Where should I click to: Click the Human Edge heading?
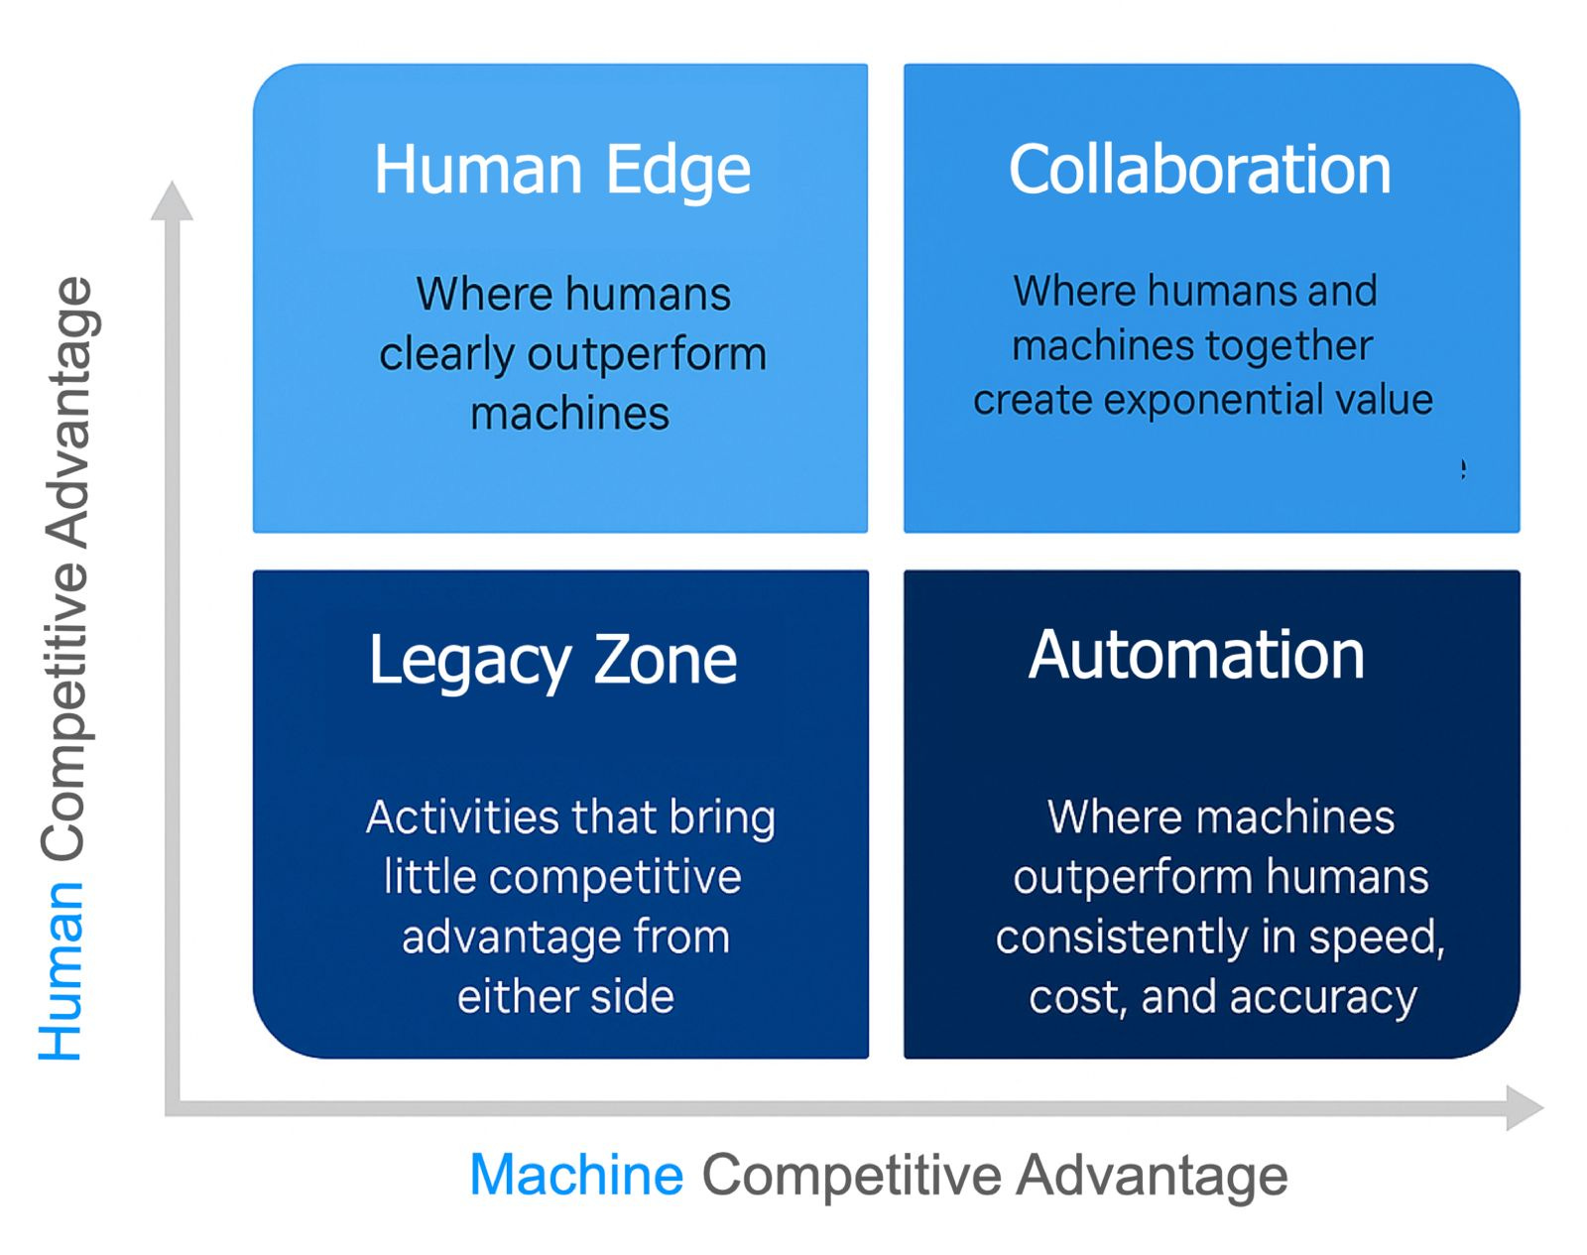pos(561,171)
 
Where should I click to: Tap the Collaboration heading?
pos(1199,170)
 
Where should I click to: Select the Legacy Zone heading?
pos(552,660)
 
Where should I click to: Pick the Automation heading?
pos(1196,656)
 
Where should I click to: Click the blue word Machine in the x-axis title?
pos(576,1176)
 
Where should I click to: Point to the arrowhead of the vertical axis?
pos(172,200)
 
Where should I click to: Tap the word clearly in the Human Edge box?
pos(445,355)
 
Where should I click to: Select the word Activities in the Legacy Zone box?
pos(462,817)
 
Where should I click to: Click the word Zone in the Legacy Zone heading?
pos(665,660)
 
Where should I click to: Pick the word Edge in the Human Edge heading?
pos(678,171)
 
